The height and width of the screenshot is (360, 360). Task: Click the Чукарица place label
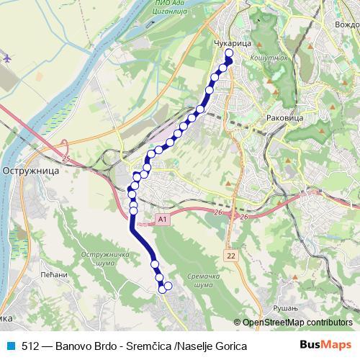click(231, 44)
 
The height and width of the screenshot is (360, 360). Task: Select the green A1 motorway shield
click(162, 218)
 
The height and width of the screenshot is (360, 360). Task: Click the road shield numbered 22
click(230, 256)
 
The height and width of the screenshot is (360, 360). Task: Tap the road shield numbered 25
click(66, 158)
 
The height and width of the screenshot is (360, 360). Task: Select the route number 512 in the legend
click(30, 346)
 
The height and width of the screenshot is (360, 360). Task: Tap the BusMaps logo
click(325, 345)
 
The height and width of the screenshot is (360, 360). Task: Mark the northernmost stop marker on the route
click(230, 53)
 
